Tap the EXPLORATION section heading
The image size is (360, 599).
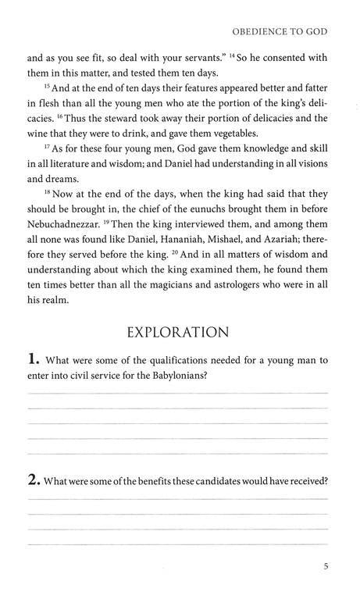pos(179,332)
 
